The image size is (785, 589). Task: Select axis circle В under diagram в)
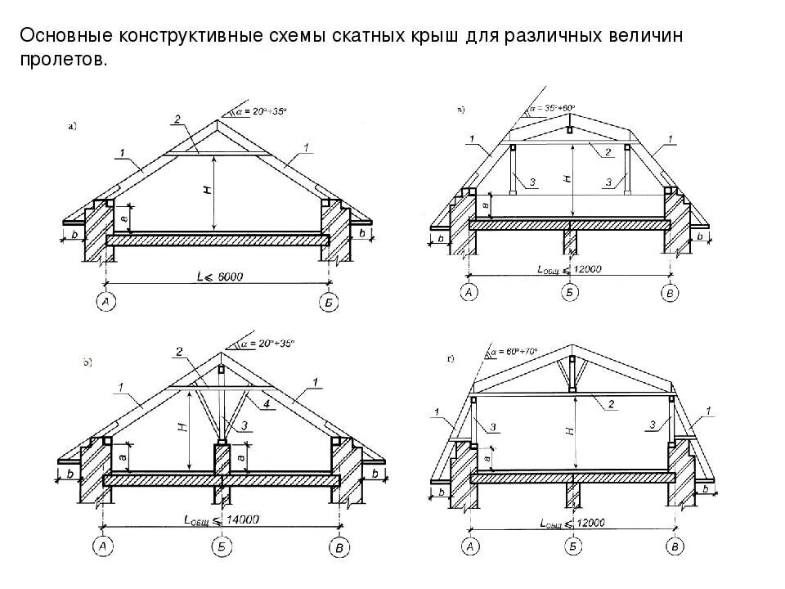point(671,293)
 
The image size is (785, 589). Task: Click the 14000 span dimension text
point(242,519)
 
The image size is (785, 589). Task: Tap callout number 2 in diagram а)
point(177,120)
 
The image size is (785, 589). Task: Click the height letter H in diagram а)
point(207,189)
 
